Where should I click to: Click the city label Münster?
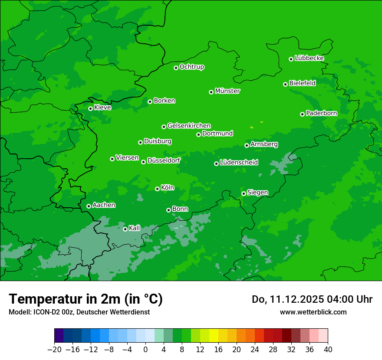coord(227,91)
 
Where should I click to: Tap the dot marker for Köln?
coord(157,189)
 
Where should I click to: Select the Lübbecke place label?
coord(309,58)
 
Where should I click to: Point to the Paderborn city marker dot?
coord(302,114)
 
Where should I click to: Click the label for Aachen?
coord(104,205)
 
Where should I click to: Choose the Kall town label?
coord(135,228)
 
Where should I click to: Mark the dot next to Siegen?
coord(244,193)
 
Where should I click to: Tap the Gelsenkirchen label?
coord(189,126)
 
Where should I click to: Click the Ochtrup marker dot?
coord(176,68)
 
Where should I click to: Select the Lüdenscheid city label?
coord(239,163)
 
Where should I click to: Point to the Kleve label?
coord(102,108)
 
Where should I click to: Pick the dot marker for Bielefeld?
coord(285,84)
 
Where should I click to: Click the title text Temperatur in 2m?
coord(86,299)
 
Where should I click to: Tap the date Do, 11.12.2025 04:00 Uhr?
coord(312,299)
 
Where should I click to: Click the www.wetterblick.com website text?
coord(313,312)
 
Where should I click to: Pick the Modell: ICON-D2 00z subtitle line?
coord(79,312)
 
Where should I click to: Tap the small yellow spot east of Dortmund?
coord(252,127)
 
